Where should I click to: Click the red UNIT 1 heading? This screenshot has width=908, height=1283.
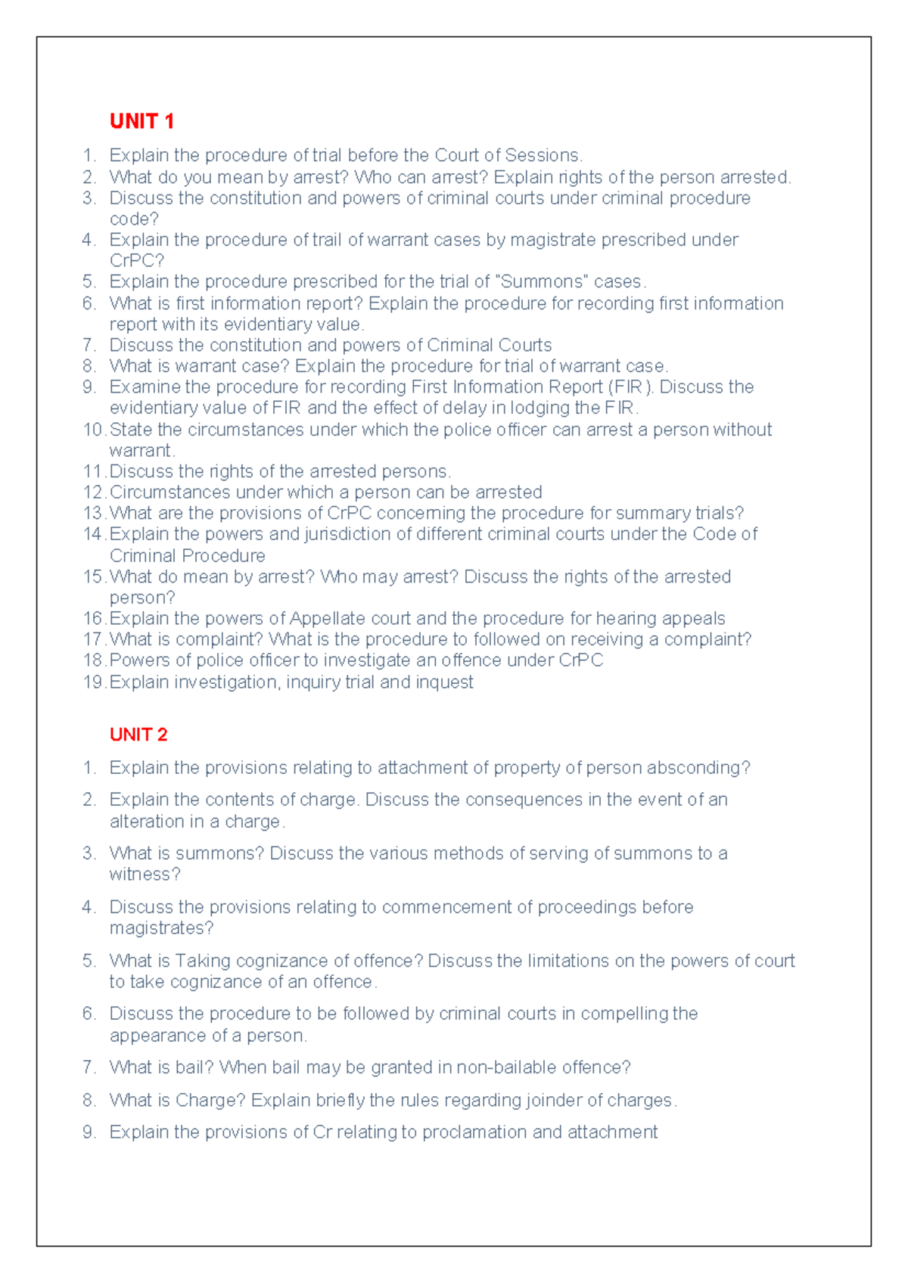pyautogui.click(x=141, y=121)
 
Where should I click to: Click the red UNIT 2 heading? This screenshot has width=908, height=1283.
pyautogui.click(x=138, y=735)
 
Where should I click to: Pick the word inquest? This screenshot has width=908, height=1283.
pyautogui.click(x=445, y=682)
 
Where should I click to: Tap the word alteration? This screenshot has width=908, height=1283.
pyautogui.click(x=144, y=822)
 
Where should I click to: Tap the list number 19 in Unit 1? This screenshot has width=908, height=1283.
pyautogui.click(x=94, y=682)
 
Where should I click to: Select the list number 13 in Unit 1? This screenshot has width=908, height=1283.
pyautogui.click(x=94, y=514)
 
